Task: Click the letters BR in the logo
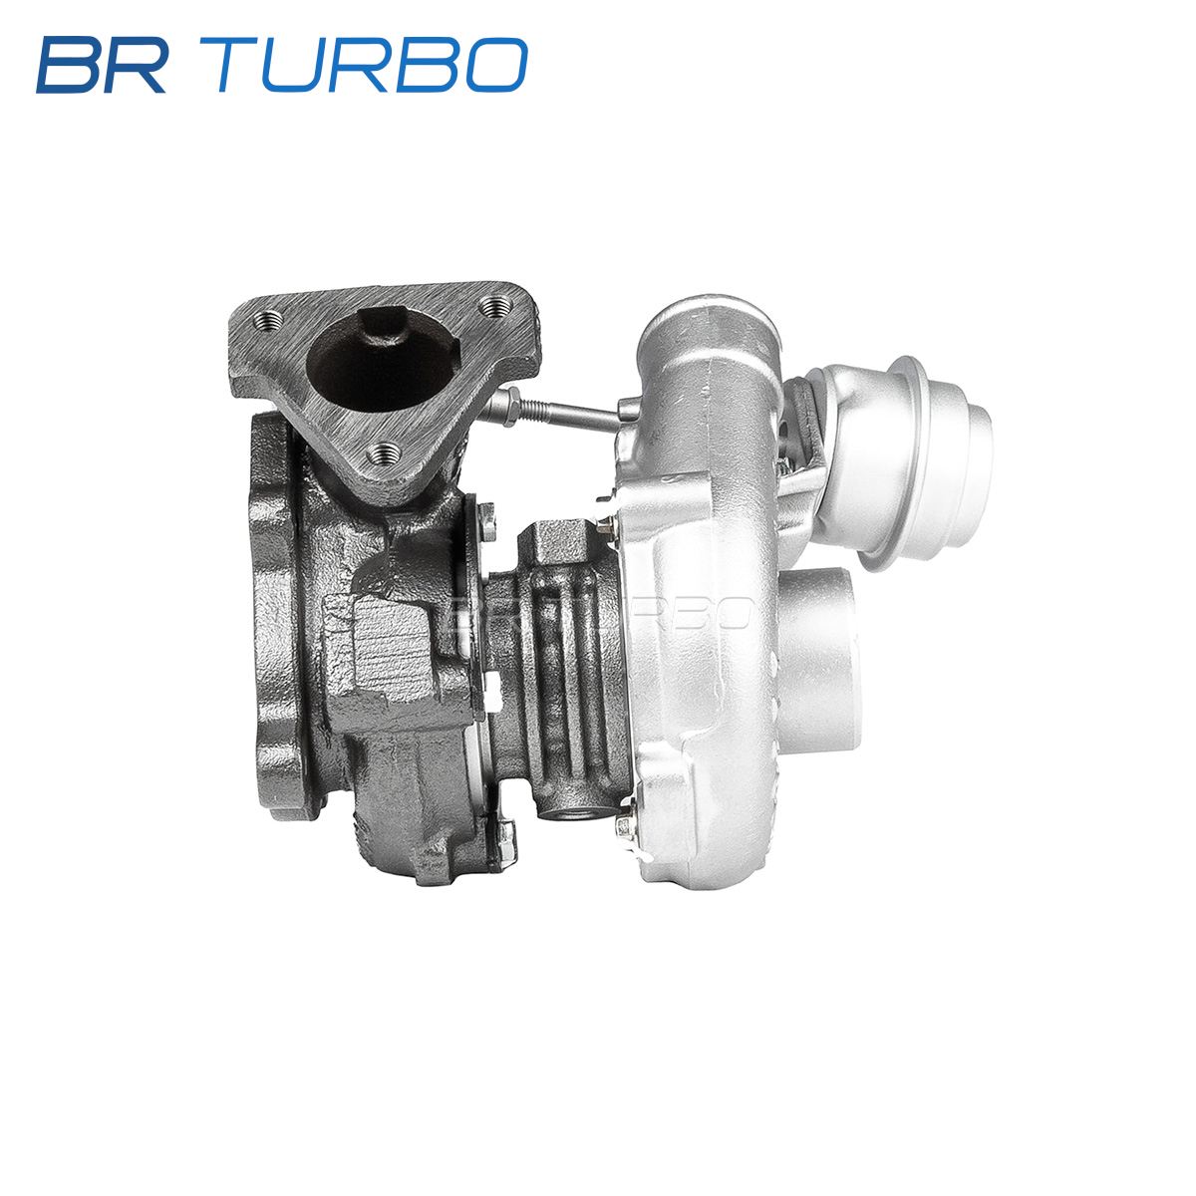102,65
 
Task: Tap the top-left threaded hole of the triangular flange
268,321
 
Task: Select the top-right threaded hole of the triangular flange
496,304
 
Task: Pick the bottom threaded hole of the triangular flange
384,453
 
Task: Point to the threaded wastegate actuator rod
562,412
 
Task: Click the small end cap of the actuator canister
973,442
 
